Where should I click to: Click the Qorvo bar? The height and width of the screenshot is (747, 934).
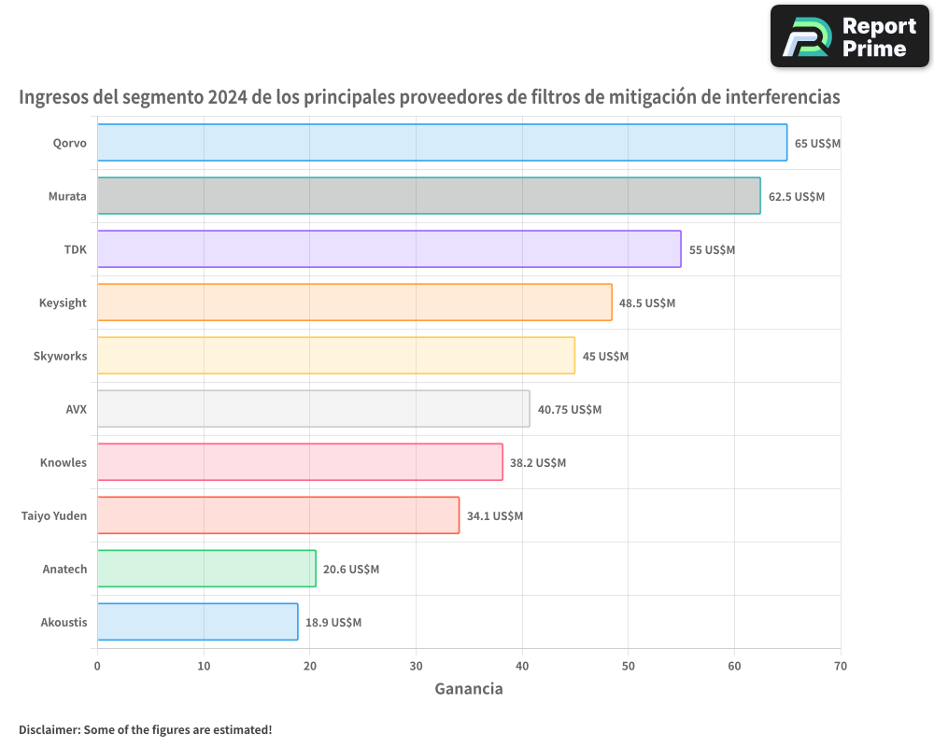pyautogui.click(x=442, y=143)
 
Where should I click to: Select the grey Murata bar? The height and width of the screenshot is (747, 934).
pyautogui.click(x=429, y=196)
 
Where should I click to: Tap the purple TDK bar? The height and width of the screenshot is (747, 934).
pyautogui.click(x=389, y=249)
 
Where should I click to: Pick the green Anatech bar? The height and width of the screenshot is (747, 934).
pyautogui.click(x=206, y=569)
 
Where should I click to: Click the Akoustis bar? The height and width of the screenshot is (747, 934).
pyautogui.click(x=197, y=622)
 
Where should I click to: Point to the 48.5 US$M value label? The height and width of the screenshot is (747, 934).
pyautogui.click(x=647, y=303)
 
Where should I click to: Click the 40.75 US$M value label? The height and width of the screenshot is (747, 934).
pyautogui.click(x=570, y=409)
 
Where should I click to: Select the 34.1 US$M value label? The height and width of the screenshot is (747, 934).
pyautogui.click(x=495, y=515)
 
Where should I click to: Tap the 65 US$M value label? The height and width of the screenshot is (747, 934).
pyautogui.click(x=818, y=143)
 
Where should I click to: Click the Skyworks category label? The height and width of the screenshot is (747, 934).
pyautogui.click(x=60, y=356)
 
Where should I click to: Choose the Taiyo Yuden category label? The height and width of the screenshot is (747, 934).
pyautogui.click(x=54, y=515)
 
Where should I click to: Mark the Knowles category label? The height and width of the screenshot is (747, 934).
pyautogui.click(x=64, y=462)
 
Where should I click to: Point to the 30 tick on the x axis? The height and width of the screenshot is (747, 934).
pyautogui.click(x=416, y=666)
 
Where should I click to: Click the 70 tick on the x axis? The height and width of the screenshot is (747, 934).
pyautogui.click(x=841, y=666)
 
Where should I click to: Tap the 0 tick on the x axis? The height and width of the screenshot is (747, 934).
pyautogui.click(x=97, y=666)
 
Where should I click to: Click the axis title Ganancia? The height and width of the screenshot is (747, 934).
pyautogui.click(x=469, y=689)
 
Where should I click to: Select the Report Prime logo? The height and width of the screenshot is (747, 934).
pyautogui.click(x=849, y=36)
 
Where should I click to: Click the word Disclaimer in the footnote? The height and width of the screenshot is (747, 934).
pyautogui.click(x=48, y=729)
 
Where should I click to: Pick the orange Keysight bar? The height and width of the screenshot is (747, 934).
pyautogui.click(x=354, y=303)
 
